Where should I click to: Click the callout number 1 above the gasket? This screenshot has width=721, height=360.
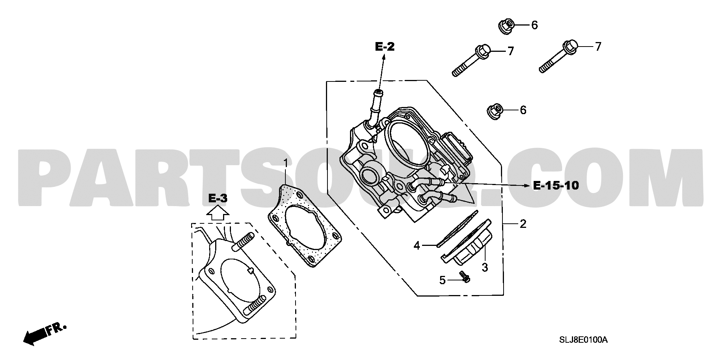(285, 164)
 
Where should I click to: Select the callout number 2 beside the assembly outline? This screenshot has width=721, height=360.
(523, 224)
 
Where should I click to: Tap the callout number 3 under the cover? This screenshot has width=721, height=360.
(485, 268)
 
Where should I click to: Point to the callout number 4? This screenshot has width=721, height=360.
(416, 246)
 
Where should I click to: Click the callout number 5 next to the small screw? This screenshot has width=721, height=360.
(442, 280)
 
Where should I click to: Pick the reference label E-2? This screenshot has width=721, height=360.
(385, 47)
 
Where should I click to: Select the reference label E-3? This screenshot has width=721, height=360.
(218, 199)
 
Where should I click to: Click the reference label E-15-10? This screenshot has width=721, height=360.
(556, 185)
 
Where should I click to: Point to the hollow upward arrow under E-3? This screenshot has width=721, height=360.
(218, 214)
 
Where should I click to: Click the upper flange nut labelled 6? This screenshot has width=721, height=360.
(505, 27)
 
